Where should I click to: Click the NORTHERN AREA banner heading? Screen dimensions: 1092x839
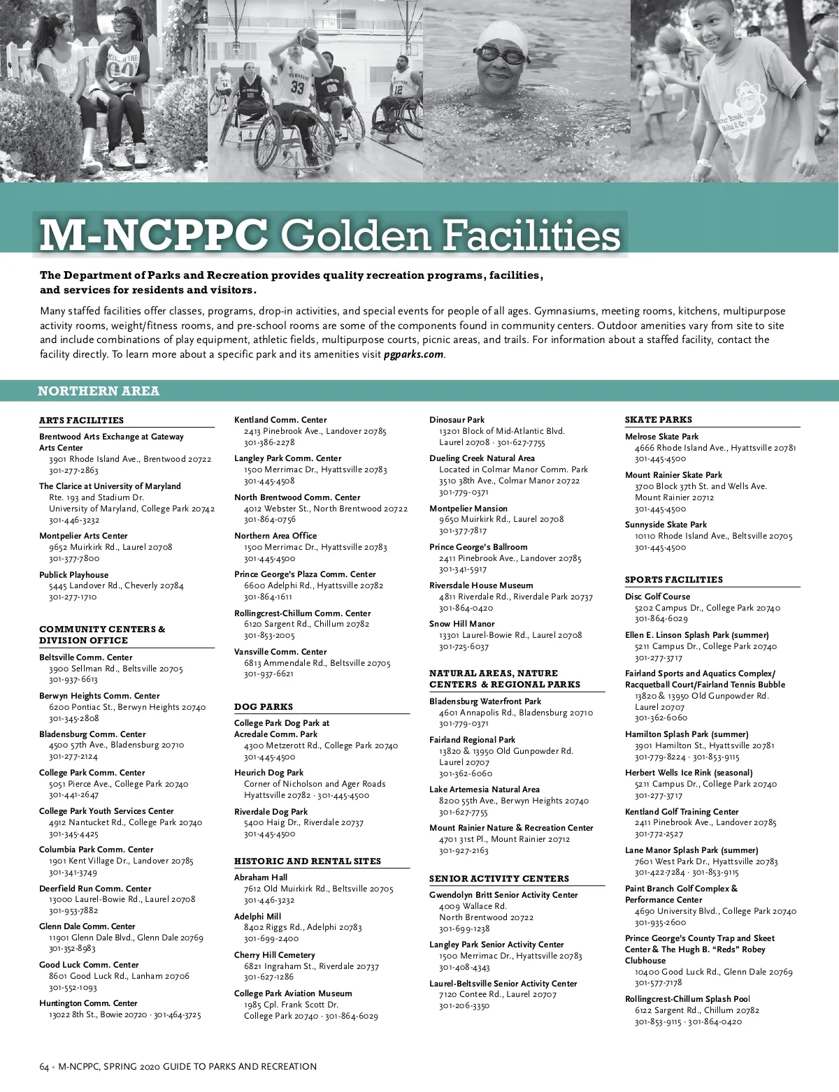(99, 391)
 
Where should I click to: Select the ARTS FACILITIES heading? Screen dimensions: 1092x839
(81, 421)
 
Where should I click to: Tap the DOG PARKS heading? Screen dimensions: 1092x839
(264, 707)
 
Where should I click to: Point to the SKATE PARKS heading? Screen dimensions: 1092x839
(659, 420)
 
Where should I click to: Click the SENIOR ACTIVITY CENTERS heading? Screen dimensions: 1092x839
(499, 879)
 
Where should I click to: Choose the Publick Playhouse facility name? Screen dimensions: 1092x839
(74, 575)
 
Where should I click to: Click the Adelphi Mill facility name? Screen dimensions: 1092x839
(257, 917)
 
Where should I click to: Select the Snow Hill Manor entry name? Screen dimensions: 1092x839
(461, 624)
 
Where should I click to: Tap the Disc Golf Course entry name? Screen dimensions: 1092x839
(657, 597)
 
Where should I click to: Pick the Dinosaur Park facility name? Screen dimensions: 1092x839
(457, 420)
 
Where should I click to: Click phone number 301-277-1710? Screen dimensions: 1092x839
(73, 597)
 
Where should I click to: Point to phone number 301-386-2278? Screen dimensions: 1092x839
(269, 443)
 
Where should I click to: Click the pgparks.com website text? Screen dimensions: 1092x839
(414, 354)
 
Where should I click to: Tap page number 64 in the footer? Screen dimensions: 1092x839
(44, 1067)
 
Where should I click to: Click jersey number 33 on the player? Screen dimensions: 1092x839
(298, 87)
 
